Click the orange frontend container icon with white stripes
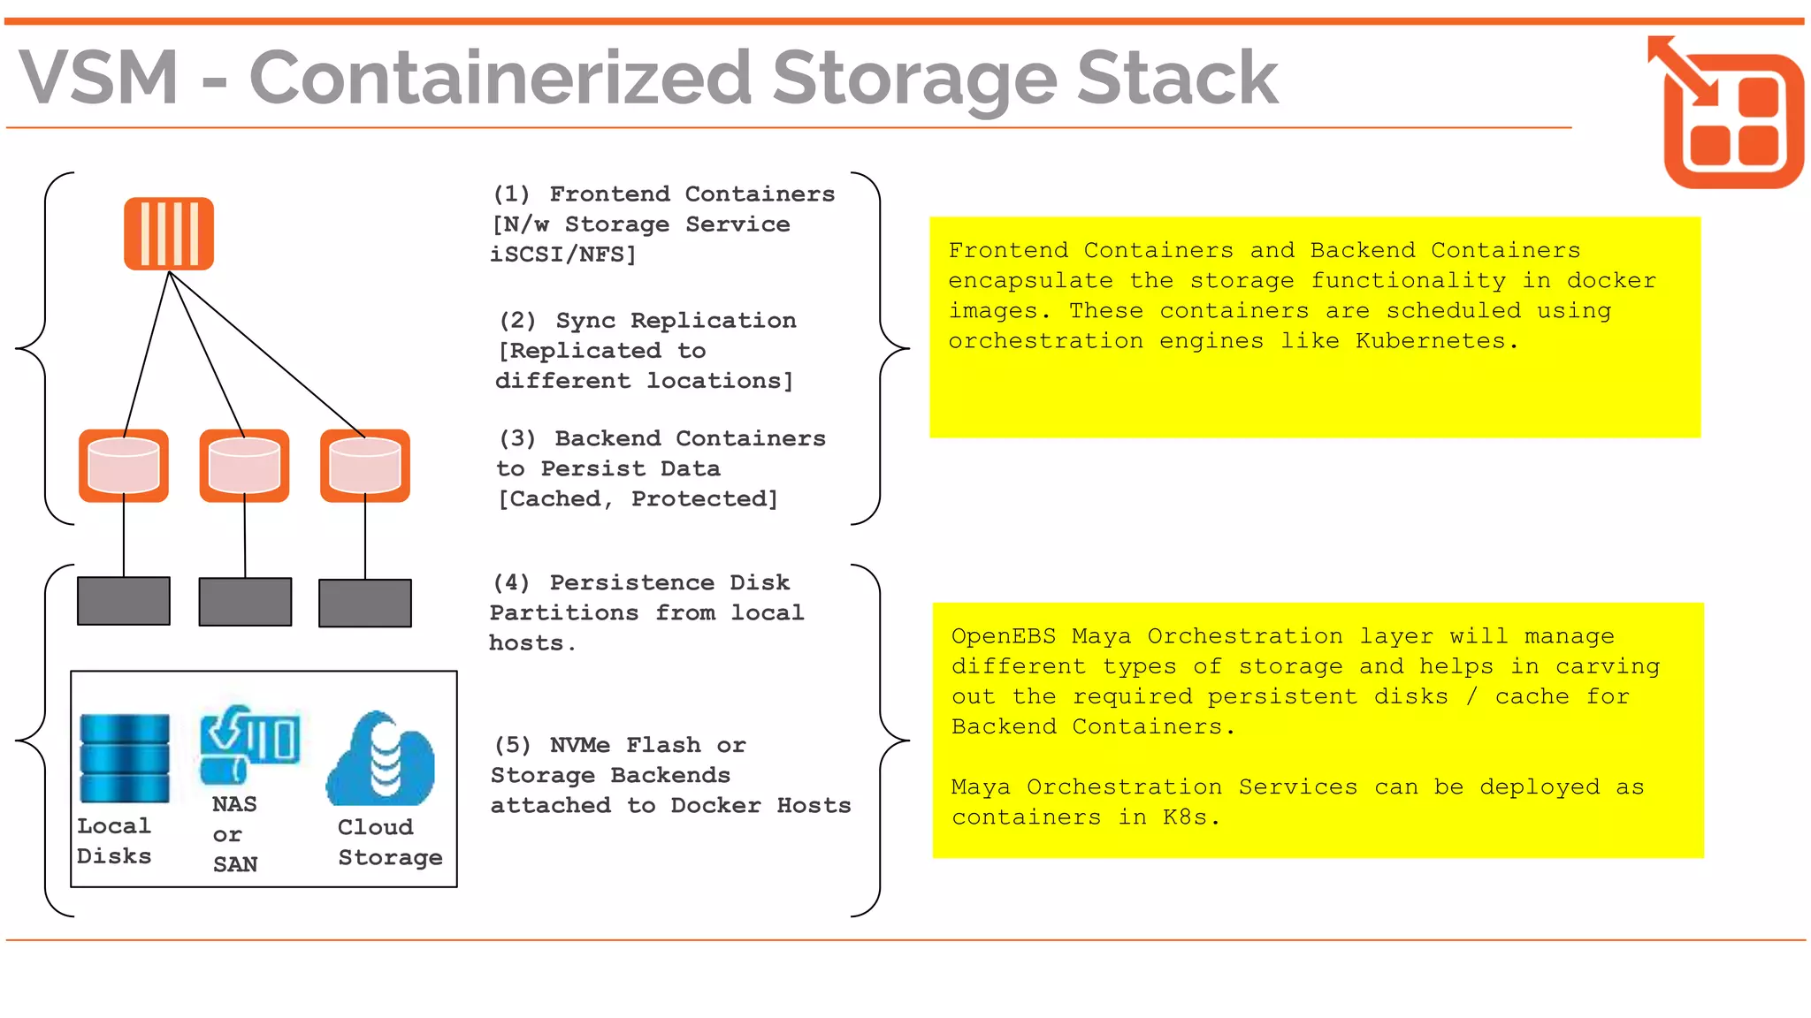point(168,233)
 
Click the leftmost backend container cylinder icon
point(124,466)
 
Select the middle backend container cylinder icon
point(244,466)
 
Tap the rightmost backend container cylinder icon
point(364,466)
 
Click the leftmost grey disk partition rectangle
point(124,601)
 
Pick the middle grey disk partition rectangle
point(245,602)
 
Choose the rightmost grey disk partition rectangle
point(364,603)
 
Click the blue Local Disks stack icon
point(125,757)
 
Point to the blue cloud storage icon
point(381,760)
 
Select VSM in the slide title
point(99,78)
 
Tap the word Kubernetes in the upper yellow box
point(1430,341)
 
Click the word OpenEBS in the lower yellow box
point(1003,636)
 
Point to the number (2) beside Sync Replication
point(517,321)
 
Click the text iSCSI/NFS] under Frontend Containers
point(563,254)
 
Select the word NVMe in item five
point(579,745)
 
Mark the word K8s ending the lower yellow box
point(1185,817)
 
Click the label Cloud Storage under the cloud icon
point(388,842)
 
